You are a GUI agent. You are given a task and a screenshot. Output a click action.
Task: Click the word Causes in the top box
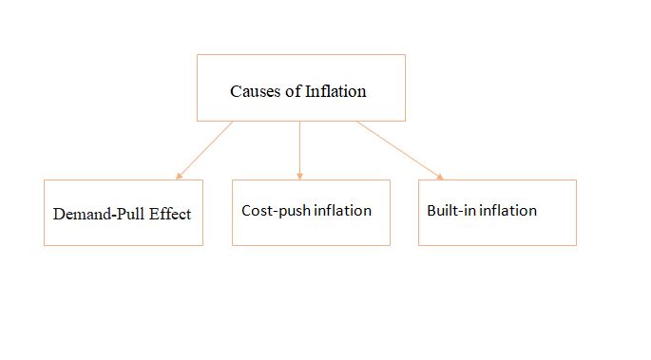[256, 91]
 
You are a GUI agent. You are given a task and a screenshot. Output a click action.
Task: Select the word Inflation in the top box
[335, 91]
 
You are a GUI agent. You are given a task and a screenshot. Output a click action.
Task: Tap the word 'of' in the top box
[293, 91]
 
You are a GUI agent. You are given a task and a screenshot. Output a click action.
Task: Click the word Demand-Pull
[99, 214]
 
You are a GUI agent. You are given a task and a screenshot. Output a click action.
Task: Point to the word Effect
[170, 214]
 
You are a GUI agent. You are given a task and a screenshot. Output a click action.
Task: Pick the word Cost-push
[277, 211]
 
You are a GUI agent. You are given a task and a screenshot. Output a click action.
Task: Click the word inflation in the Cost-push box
[342, 210]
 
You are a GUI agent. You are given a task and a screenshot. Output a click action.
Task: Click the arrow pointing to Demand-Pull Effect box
[204, 150]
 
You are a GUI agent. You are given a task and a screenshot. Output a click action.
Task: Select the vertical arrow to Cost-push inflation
[299, 150]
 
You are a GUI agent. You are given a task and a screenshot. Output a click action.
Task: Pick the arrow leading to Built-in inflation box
[400, 150]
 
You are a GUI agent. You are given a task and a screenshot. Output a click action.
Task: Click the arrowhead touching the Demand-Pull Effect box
[179, 177]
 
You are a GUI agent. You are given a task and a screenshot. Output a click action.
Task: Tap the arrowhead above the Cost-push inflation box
[299, 177]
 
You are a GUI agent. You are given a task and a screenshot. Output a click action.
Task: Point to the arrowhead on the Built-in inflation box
[440, 177]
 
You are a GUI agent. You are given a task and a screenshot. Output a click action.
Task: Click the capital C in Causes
[236, 91]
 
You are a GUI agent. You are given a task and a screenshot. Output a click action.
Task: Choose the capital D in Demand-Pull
[59, 214]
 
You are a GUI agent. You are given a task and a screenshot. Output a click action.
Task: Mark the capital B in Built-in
[431, 210]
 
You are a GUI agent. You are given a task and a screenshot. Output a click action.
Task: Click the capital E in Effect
[154, 214]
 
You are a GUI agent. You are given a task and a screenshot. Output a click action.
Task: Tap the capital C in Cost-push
[246, 211]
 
